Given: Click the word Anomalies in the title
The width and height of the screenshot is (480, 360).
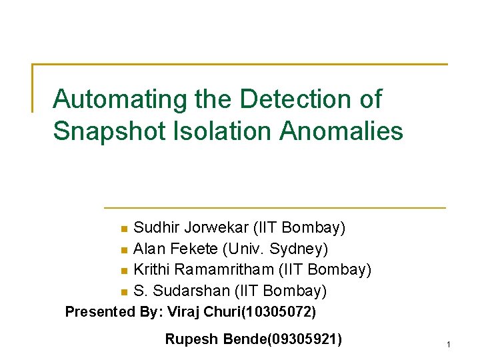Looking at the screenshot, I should [342, 131].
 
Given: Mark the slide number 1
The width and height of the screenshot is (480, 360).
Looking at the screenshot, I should [449, 344].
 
